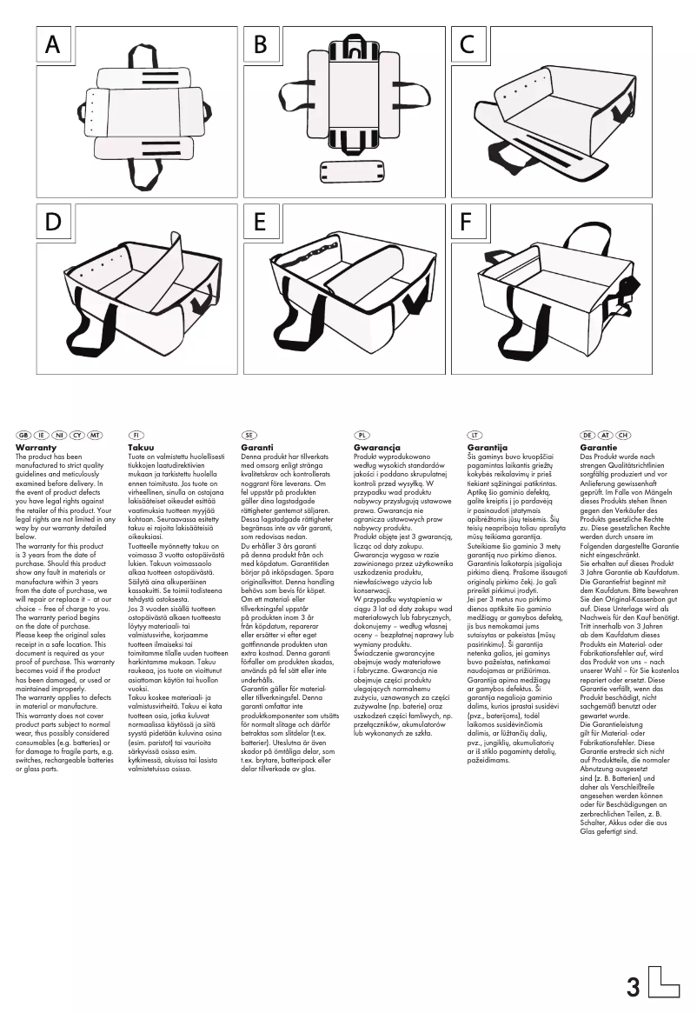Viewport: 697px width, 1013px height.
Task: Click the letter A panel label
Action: point(52,45)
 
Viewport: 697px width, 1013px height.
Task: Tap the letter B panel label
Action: point(259,45)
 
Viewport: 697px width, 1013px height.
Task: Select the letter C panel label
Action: point(467,45)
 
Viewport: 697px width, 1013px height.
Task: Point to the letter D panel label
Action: point(52,223)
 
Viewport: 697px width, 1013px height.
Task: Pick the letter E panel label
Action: point(259,223)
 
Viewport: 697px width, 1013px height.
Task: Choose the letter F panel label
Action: point(467,223)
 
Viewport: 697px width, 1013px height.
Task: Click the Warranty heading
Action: point(36,447)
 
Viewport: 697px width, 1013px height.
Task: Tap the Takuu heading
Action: point(141,447)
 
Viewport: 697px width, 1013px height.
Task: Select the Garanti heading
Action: point(257,447)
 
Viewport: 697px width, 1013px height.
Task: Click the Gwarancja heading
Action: point(376,447)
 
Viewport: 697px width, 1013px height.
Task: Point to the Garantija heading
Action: point(488,447)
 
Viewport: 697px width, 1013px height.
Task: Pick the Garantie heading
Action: point(599,447)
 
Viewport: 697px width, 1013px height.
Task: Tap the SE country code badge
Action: point(249,434)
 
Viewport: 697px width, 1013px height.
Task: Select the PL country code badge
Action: point(362,434)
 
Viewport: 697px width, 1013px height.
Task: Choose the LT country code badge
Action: point(475,434)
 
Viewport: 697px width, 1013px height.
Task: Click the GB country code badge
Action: point(23,434)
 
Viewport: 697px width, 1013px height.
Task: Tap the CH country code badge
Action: point(623,434)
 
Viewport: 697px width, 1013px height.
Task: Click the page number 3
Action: point(633,988)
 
